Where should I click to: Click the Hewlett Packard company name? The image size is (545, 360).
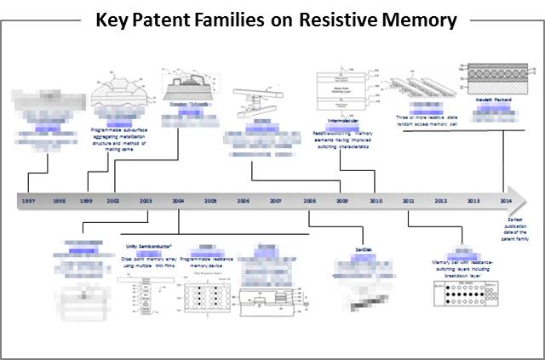point(489,99)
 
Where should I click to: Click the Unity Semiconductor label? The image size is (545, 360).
point(142,248)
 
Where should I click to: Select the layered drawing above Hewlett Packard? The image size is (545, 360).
point(489,77)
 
